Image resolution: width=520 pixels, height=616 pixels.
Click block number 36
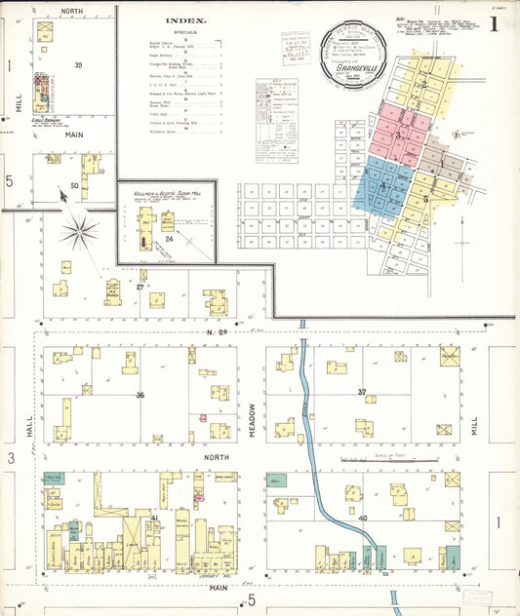point(140,395)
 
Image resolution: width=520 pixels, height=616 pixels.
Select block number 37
point(362,392)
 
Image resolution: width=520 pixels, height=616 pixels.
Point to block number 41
point(153,518)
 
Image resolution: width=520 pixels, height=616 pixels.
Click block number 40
point(362,518)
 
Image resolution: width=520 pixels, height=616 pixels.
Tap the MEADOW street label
point(251,420)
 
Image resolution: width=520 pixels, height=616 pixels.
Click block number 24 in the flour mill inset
point(169,239)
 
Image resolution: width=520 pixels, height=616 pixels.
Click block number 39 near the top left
point(77,65)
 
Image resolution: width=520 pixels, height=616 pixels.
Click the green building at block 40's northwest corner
point(278,481)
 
